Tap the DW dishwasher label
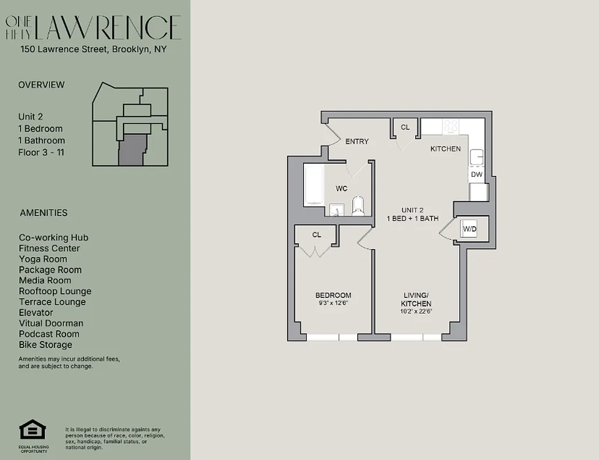(476, 174)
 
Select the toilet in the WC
(358, 205)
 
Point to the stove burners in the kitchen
(450, 126)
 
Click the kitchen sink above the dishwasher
(476, 157)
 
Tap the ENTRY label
(357, 141)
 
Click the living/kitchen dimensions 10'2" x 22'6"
(417, 311)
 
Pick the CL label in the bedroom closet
(316, 235)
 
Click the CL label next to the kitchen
(405, 128)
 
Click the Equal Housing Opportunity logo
(32, 431)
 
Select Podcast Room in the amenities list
(49, 334)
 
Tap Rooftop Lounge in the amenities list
(55, 292)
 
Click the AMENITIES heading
(44, 213)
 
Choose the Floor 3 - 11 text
(41, 152)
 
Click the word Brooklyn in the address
(130, 49)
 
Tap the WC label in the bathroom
(342, 189)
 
